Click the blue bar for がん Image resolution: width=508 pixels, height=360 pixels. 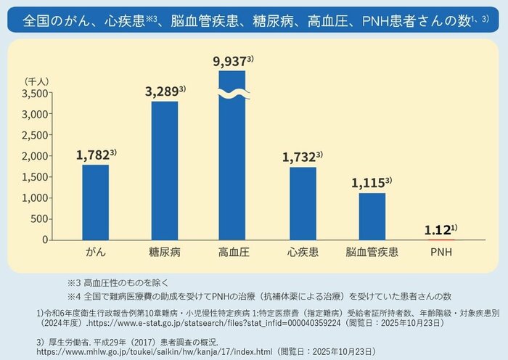click(x=95, y=202)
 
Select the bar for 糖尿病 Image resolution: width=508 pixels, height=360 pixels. click(x=164, y=171)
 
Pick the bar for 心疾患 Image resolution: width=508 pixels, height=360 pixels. click(x=303, y=203)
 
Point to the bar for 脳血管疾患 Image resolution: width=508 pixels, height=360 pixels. click(x=372, y=216)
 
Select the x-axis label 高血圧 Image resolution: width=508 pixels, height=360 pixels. click(x=233, y=253)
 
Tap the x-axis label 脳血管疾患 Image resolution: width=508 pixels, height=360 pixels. click(x=372, y=253)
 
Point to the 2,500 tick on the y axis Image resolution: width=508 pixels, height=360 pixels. click(x=36, y=135)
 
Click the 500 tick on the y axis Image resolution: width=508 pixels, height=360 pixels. click(x=41, y=219)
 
